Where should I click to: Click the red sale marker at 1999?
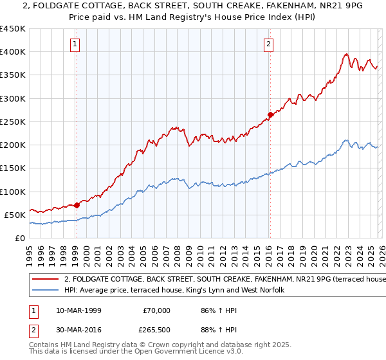[77, 206]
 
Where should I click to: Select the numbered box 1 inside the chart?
[76, 44]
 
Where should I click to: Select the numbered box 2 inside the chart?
[268, 44]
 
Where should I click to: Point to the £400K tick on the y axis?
[13, 52]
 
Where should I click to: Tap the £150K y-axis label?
[13, 168]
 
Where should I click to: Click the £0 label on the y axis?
[19, 238]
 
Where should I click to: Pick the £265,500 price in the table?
[156, 332]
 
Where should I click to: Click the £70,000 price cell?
[156, 310]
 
